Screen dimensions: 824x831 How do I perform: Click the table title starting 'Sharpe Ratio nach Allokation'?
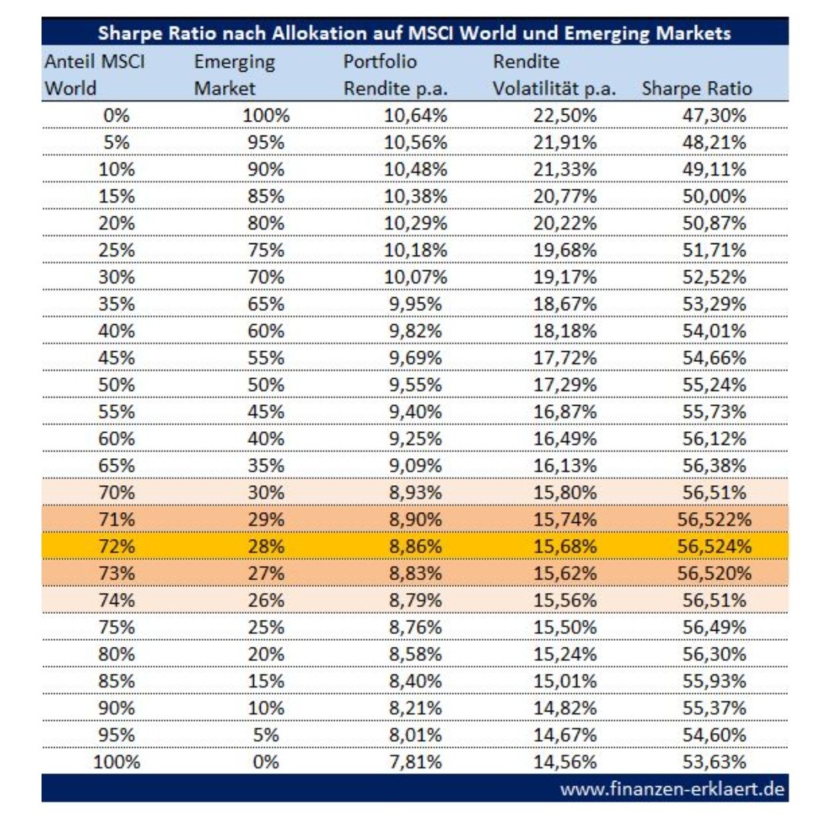[415, 34]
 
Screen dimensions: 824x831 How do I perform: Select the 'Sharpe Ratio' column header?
[696, 89]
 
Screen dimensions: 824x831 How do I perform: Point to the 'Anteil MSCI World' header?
[94, 75]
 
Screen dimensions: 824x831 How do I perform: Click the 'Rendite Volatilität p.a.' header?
[554, 75]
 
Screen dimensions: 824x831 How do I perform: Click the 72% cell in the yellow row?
[116, 547]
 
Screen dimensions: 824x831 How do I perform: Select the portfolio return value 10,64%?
[415, 117]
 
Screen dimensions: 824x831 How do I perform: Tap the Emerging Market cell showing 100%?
[266, 117]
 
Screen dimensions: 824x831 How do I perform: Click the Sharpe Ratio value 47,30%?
[714, 117]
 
